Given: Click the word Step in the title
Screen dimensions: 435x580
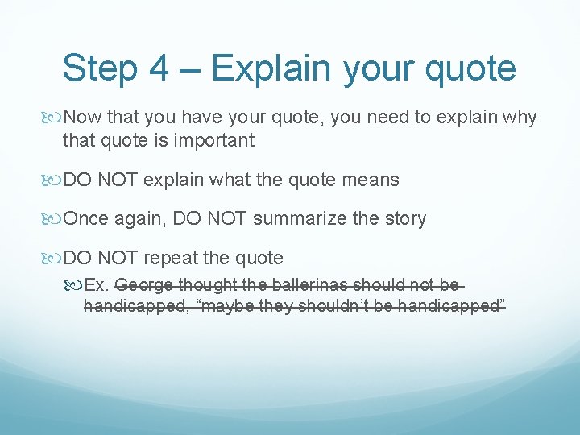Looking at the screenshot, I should pos(98,68).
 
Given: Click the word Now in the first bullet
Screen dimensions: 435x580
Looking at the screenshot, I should pos(81,118).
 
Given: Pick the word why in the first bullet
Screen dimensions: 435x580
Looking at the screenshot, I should pos(520,118).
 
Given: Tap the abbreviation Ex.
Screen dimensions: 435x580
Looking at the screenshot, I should pos(97,285).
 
